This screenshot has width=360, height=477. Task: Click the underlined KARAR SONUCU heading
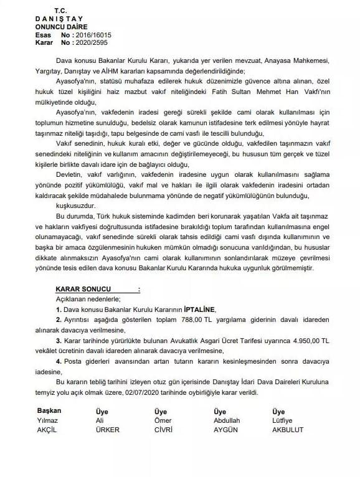[82, 290]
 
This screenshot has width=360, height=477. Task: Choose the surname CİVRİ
[164, 430]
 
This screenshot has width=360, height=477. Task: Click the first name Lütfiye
[285, 421]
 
